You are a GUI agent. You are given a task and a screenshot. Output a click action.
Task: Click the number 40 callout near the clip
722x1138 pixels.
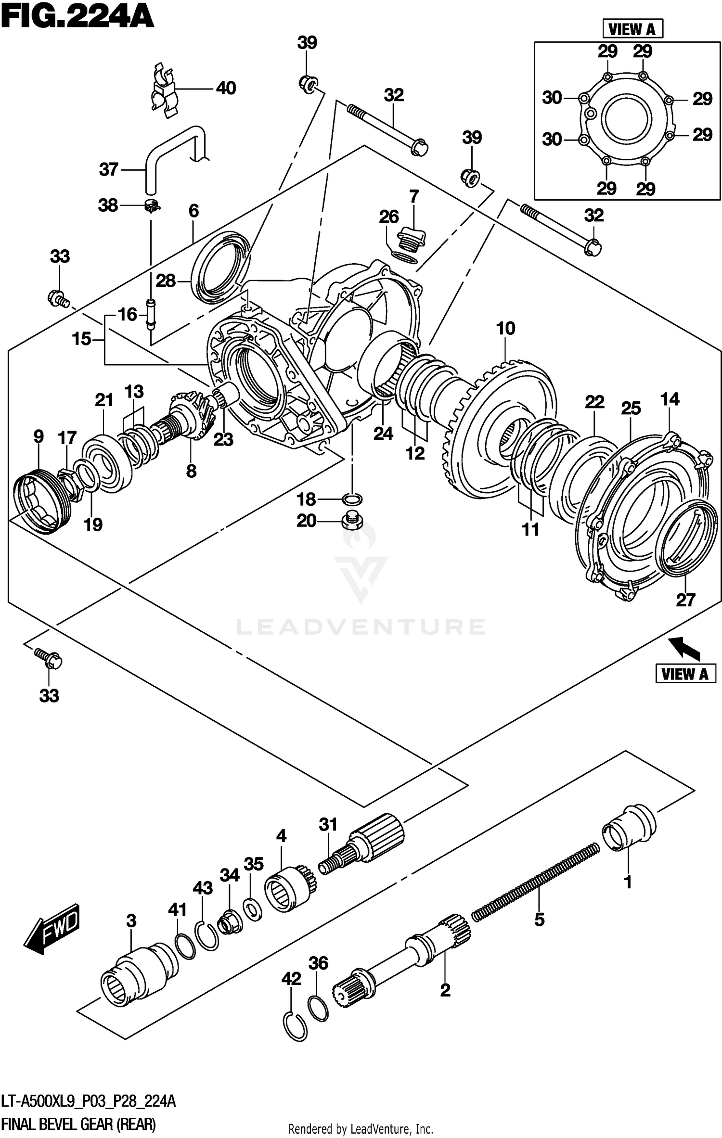point(226,89)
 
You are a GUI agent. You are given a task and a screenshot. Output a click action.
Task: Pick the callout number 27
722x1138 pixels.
point(685,600)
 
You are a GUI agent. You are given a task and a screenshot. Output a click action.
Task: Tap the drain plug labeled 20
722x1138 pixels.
point(352,521)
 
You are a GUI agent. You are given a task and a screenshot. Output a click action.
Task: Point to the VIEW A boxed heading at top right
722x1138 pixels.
point(632,29)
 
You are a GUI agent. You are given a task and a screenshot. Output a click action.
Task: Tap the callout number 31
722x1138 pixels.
point(328,824)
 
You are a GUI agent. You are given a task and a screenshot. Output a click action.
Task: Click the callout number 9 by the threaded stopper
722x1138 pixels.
point(39,436)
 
